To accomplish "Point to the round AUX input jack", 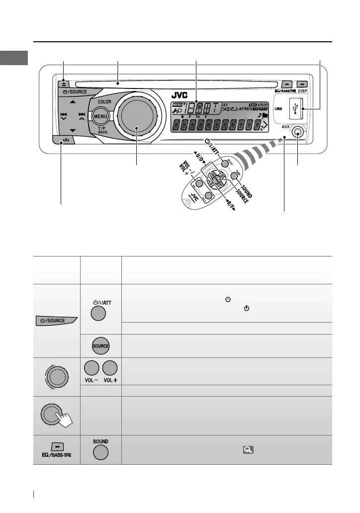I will coord(297,133).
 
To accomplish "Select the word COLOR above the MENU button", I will coord(104,101).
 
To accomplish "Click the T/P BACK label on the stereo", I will coord(102,130).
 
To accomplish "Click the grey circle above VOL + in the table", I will coord(110,368).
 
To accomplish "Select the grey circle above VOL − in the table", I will coord(91,368).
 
